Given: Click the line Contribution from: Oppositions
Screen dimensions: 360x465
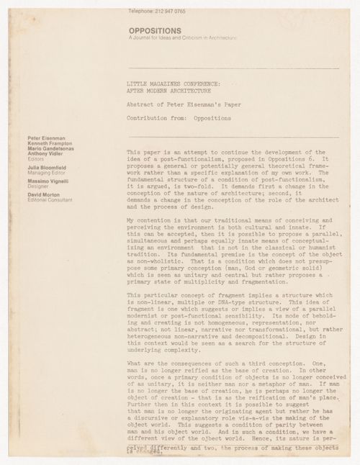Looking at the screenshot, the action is (174, 117).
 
